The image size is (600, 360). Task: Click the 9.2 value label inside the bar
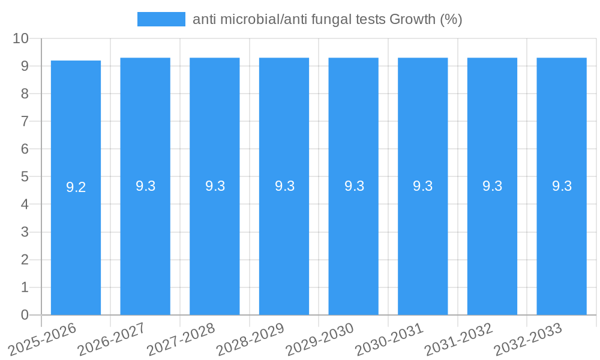tap(76, 187)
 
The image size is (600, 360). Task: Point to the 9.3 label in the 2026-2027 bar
tap(146, 186)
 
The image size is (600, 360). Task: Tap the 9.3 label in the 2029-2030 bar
tap(354, 186)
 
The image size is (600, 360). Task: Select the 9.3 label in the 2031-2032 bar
tap(493, 186)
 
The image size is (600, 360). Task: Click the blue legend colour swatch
tap(161, 19)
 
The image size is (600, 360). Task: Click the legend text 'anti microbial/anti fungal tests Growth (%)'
tap(327, 19)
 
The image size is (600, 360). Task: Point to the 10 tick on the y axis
tap(21, 38)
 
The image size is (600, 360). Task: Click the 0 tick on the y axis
tap(25, 315)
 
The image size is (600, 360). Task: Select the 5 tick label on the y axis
tap(25, 177)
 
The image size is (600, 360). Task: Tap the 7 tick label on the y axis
tap(25, 121)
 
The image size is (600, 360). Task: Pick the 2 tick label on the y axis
tap(25, 260)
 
